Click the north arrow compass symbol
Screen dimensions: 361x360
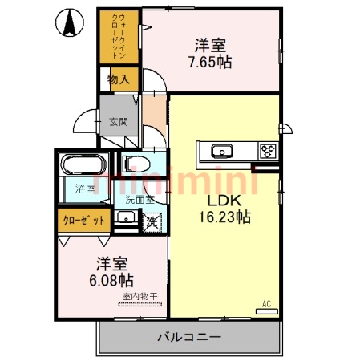point(71,23)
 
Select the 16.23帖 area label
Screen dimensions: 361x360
point(224,216)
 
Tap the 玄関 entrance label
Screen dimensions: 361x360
point(118,122)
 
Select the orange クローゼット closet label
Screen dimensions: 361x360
point(83,220)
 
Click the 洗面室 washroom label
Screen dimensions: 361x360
point(138,197)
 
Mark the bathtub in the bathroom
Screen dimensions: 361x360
point(82,166)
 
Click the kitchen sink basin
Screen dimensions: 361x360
point(220,150)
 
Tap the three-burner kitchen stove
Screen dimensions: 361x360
point(267,150)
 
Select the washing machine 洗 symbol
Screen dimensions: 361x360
point(150,219)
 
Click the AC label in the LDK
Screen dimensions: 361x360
point(266,304)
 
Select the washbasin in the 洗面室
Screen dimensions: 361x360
point(126,218)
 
